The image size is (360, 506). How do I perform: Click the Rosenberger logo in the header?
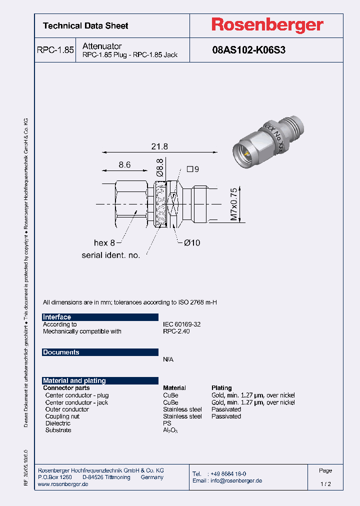266,25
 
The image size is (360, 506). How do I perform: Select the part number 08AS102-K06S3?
248,50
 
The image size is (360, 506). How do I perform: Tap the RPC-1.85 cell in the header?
55,50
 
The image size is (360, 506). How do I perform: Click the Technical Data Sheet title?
85,25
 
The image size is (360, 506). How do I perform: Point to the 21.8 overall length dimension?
159,146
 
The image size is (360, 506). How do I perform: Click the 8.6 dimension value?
124,164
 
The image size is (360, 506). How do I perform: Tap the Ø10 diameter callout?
191,243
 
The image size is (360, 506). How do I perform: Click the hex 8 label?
104,243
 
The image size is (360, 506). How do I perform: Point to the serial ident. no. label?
110,255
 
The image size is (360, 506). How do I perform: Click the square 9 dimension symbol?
192,169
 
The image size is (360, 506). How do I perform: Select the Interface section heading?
57,317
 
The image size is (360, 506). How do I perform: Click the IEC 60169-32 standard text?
181,324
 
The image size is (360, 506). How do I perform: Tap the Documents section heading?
61,352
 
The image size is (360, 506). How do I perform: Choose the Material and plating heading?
74,380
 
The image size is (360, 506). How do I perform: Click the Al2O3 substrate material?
170,430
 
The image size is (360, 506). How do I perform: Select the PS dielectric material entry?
167,423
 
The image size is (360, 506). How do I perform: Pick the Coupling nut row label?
62,416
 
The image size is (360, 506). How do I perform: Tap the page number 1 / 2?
325,484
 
